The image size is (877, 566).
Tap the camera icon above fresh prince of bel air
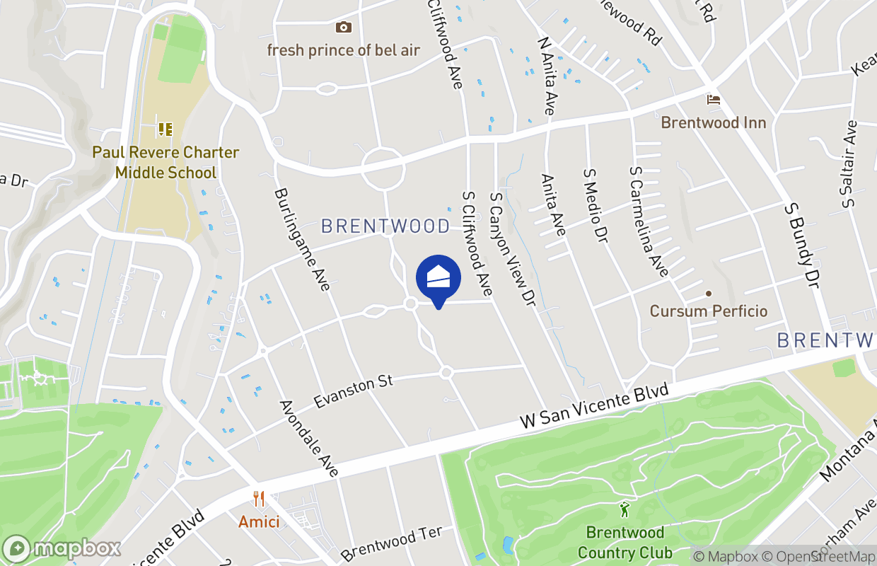pos(343,28)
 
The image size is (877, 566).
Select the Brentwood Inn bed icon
pos(713,100)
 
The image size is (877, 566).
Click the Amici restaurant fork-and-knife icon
pos(259,499)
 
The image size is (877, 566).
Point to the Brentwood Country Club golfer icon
pos(625,509)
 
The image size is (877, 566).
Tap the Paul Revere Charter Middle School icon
pos(165,129)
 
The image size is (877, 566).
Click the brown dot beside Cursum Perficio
pos(708,294)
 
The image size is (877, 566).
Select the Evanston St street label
pos(354,391)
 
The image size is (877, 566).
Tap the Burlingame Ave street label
pos(302,239)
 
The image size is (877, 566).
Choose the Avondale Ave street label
pos(310,439)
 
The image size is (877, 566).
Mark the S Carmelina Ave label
pos(649,221)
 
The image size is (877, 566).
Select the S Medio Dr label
pos(596,206)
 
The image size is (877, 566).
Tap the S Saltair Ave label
pos(849,164)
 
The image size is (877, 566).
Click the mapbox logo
pos(62,548)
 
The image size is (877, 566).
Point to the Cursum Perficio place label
pos(708,311)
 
